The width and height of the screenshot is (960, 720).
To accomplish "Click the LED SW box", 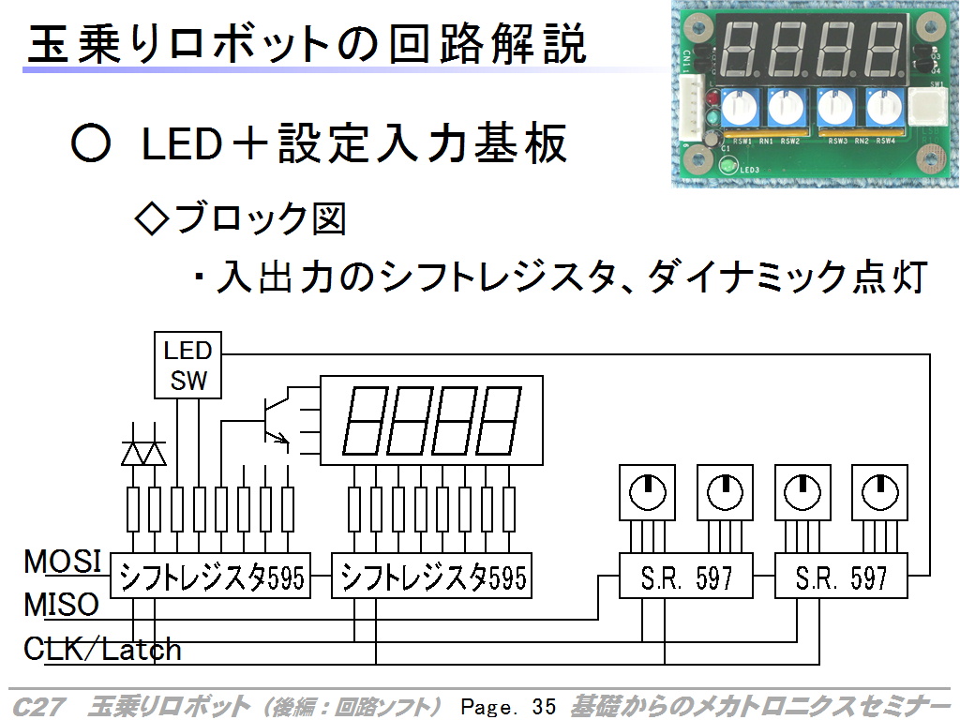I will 188,366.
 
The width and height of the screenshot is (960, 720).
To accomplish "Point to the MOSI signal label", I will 62,562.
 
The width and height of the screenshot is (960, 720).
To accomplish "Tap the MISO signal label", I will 61,605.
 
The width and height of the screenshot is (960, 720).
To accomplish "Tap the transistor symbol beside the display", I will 274,419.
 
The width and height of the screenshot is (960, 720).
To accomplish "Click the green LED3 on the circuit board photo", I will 727,167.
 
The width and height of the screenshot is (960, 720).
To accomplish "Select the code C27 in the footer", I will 37,706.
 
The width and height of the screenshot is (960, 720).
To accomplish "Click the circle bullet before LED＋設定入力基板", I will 91,144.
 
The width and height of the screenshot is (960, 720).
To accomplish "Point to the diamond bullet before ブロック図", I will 152,218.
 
